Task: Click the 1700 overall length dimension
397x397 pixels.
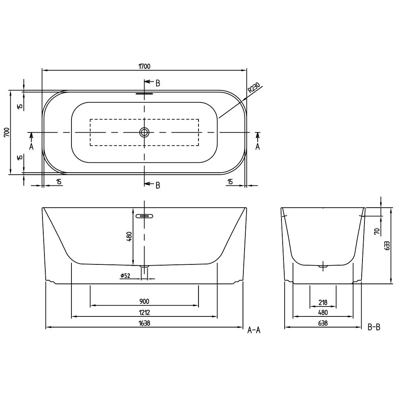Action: tap(145, 66)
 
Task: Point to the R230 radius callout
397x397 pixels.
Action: tap(253, 88)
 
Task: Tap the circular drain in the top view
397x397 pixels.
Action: tap(145, 132)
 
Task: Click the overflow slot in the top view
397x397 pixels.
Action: tap(145, 94)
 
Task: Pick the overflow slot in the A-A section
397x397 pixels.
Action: tap(145, 216)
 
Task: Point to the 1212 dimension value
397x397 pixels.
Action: tap(145, 313)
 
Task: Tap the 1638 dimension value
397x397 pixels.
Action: tap(145, 324)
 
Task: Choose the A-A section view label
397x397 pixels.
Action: tap(254, 330)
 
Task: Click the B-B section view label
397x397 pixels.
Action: tap(374, 328)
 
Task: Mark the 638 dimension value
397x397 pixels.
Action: tap(323, 324)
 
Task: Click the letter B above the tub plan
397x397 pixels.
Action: tap(158, 83)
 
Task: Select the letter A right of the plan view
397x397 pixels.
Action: tap(258, 147)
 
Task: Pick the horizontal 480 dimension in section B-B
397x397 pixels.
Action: tap(323, 313)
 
